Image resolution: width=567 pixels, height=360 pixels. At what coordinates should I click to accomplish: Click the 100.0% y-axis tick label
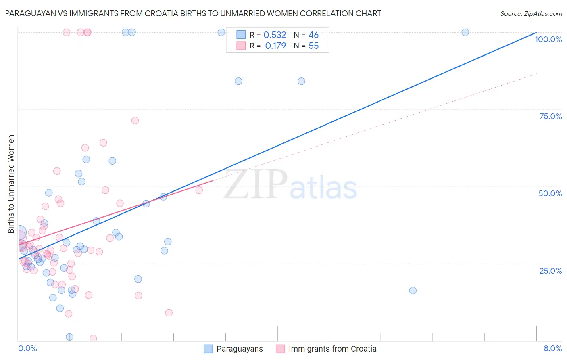[548, 39]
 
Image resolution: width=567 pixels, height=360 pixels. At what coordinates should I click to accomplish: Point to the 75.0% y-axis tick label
[550, 116]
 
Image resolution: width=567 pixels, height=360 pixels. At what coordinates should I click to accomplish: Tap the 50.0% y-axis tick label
[550, 193]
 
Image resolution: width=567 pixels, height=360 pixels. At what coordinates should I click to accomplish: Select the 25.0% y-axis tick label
[550, 270]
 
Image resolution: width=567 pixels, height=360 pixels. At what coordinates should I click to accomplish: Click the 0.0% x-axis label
[27, 348]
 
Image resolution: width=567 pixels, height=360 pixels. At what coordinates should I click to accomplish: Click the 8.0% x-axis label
[552, 348]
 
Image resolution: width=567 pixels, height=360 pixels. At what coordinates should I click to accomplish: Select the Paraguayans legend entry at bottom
[239, 349]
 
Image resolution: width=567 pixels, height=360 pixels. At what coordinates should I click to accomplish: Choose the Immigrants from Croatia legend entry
[332, 349]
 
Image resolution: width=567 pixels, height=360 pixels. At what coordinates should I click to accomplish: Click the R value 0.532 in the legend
[275, 35]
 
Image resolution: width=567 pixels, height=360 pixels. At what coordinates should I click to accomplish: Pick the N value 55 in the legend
[313, 46]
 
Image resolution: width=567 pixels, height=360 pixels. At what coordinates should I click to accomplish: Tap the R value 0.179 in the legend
[275, 46]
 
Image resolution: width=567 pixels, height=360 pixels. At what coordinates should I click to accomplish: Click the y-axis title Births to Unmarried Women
[11, 184]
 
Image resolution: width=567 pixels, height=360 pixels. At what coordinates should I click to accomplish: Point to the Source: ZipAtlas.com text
[531, 14]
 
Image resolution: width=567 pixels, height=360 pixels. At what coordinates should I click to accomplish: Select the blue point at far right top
[465, 32]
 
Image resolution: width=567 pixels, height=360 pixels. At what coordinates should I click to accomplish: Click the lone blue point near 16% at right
[413, 291]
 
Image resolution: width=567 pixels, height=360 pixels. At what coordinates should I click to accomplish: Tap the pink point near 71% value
[135, 121]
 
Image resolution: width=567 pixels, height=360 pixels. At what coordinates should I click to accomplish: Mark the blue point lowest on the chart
[69, 337]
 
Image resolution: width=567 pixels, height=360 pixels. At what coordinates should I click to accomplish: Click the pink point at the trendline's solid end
[199, 190]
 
